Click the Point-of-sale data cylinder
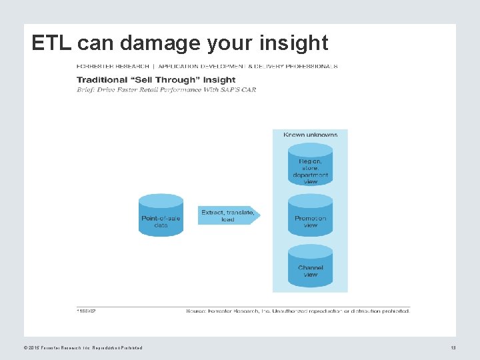point(161,215)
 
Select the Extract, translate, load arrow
point(228,215)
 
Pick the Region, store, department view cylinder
point(310,167)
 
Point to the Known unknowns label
point(310,135)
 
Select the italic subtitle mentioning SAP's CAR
point(166,89)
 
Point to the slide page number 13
point(453,347)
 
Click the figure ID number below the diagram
point(86,310)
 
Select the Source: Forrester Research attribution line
point(297,310)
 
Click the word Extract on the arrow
point(212,213)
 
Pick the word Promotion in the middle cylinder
point(310,218)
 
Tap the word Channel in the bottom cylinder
point(310,268)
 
